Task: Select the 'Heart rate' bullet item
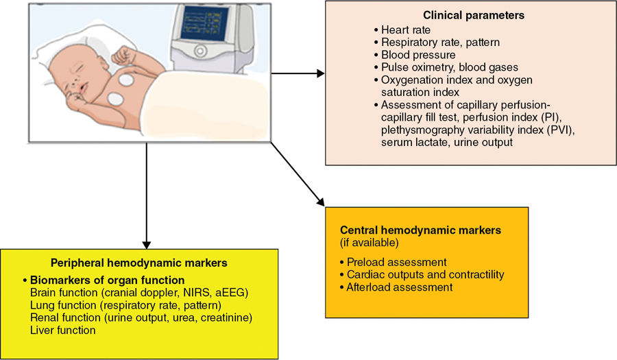(407, 30)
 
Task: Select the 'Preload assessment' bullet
(397, 262)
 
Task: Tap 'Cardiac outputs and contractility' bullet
(425, 274)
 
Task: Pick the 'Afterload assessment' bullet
(400, 287)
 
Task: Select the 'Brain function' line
(138, 293)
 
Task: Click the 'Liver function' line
(62, 330)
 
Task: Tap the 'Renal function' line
(141, 317)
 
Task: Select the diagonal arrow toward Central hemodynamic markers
(298, 175)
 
